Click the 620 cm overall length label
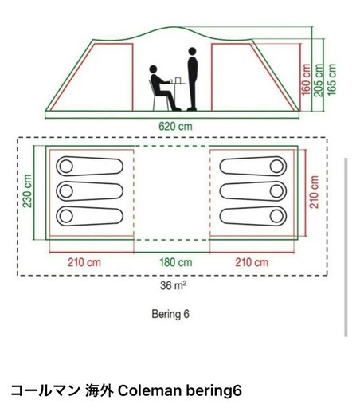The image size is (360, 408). point(175,126)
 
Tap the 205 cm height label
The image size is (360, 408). point(319,80)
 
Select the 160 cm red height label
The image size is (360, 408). point(306,79)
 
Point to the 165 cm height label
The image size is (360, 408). point(331,79)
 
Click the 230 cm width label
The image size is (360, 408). point(27,190)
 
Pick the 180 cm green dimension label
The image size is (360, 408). point(176,262)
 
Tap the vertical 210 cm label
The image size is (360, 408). point(314,192)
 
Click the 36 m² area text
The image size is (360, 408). point(173,285)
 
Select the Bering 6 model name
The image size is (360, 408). point(170,314)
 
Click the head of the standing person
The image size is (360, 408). point(192,51)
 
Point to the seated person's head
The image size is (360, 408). point(153,69)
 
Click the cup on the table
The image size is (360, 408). point(178,80)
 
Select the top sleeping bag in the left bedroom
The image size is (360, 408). point(90,167)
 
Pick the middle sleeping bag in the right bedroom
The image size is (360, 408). point(253,191)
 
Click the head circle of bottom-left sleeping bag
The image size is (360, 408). point(66,216)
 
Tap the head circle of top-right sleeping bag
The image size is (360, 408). point(276,167)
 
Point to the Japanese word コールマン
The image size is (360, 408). point(45,390)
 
